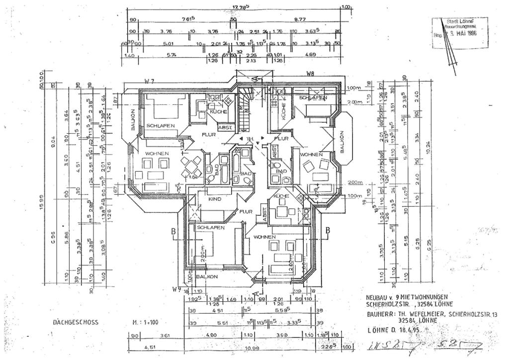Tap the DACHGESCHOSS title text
pos(76,322)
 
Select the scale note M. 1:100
pos(145,322)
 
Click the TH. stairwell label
pos(251,139)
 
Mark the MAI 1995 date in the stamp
pos(465,34)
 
